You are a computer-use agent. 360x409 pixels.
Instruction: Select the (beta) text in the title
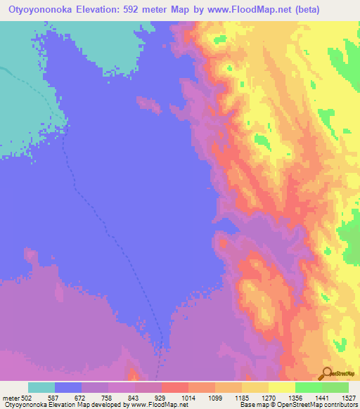(302, 9)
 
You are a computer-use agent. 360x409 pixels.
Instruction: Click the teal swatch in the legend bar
(41, 387)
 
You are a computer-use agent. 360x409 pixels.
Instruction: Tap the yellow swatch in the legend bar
(282, 387)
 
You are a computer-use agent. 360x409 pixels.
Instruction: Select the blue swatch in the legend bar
(68, 387)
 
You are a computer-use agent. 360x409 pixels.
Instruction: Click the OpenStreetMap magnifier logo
(326, 373)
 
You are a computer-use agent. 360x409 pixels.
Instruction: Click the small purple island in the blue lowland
(148, 104)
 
